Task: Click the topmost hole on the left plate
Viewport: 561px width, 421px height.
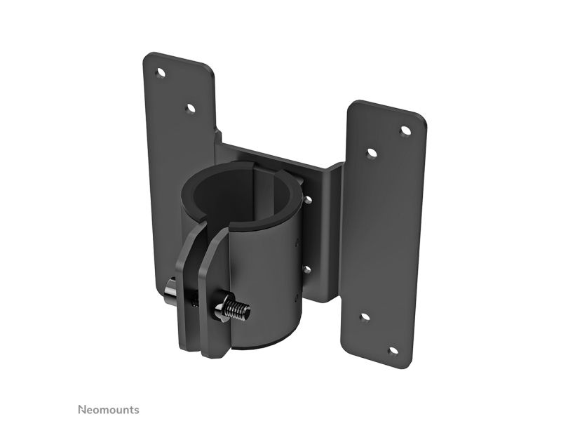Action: point(161,74)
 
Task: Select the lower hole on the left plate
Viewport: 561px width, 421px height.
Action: point(190,108)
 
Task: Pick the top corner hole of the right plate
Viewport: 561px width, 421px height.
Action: point(405,131)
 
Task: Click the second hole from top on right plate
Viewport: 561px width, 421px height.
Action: point(372,154)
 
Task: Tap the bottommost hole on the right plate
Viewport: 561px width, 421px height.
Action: point(393,352)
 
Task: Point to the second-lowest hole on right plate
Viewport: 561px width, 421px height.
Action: point(365,318)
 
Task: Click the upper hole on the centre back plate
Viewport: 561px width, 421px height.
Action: point(307,200)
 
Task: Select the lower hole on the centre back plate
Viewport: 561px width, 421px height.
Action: point(306,269)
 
